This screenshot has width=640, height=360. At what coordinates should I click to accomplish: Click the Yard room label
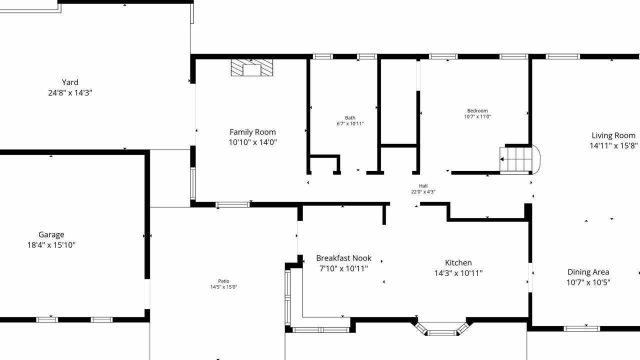point(70,82)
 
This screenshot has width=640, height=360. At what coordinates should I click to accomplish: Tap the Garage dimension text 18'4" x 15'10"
point(51,245)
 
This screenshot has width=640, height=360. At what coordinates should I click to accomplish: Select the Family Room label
point(252,132)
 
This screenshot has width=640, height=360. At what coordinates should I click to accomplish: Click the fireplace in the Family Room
point(251,67)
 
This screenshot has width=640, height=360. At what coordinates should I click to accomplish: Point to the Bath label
point(350,117)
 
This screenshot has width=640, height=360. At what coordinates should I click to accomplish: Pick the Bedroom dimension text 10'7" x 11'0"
point(477,116)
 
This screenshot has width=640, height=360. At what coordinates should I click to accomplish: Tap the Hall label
point(423,186)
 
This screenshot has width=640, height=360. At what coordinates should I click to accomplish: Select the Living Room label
point(613,135)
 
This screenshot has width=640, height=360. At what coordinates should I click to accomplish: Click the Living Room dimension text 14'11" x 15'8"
point(613,145)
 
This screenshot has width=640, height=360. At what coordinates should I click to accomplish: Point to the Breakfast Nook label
point(343,258)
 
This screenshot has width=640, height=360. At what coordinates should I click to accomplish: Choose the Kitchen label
point(458,263)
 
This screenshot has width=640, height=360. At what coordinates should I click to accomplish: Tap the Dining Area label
point(588,272)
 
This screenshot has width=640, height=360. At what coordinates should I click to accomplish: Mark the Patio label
point(223,281)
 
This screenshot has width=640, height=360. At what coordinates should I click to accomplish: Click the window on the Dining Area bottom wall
point(581,328)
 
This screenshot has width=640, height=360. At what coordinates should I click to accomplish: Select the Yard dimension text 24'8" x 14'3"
point(70,93)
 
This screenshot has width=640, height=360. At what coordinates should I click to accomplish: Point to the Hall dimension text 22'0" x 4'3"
point(423,192)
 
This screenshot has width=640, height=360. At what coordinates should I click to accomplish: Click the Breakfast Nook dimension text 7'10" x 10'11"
point(343,268)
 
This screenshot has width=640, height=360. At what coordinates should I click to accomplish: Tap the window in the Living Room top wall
point(563,56)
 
